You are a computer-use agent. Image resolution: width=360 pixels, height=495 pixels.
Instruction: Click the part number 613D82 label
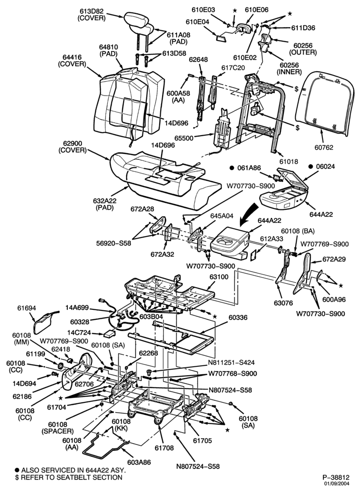coord(92,11)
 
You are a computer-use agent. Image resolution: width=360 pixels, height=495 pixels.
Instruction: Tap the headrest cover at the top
coord(136,19)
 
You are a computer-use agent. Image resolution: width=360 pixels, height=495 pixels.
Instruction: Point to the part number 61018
coord(288,162)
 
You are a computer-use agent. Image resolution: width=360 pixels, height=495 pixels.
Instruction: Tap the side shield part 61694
coord(45,322)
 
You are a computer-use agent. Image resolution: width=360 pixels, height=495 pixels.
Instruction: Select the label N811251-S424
coord(231,363)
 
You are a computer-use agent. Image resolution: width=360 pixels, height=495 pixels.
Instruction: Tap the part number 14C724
coord(79,333)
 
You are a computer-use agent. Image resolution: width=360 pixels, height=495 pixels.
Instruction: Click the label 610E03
coord(203,10)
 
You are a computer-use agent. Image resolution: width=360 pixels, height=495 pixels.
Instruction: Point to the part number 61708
coord(164,448)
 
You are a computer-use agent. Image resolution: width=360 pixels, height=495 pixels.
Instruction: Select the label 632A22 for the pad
coord(105,201)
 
